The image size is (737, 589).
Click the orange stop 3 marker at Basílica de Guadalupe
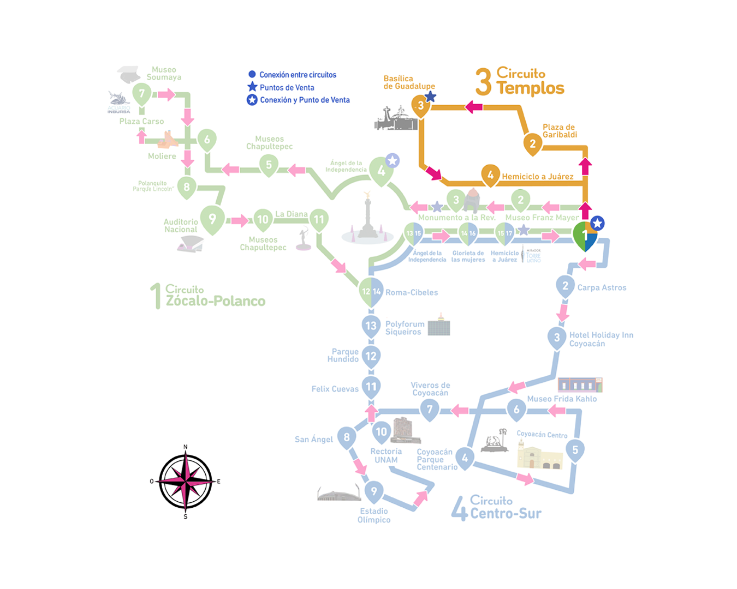click(420, 106)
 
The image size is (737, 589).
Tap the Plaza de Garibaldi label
click(559, 131)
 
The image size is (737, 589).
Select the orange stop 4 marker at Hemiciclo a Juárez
click(490, 175)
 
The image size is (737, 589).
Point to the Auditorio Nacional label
click(181, 226)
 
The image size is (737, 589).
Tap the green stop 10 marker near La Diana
click(263, 220)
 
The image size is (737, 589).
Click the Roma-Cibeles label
click(412, 292)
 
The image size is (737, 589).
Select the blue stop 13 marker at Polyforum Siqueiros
click(371, 326)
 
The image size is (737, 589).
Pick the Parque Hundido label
click(343, 355)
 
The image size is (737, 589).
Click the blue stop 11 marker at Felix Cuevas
click(371, 387)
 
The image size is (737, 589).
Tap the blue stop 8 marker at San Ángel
click(347, 437)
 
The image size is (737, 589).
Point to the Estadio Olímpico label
click(374, 515)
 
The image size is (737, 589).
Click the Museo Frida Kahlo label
click(562, 399)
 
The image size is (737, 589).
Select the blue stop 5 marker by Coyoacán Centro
click(575, 450)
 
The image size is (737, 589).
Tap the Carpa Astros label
click(602, 287)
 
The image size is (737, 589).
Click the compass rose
click(186, 482)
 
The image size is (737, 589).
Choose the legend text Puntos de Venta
click(287, 87)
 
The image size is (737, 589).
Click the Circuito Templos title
click(520, 82)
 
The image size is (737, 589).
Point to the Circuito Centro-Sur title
click(497, 508)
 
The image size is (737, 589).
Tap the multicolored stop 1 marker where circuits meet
click(585, 236)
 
